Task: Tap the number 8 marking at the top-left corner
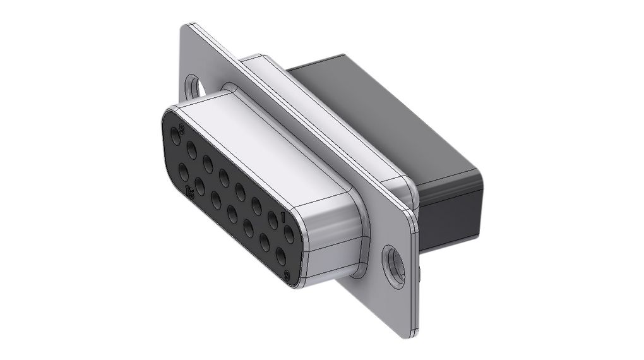[182, 129]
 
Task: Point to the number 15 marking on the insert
[191, 190]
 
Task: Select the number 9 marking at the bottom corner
[288, 275]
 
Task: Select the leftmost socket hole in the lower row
[183, 171]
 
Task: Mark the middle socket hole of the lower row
[232, 213]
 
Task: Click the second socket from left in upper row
[191, 149]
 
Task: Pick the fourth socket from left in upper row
[224, 175]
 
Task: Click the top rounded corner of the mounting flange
[189, 28]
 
